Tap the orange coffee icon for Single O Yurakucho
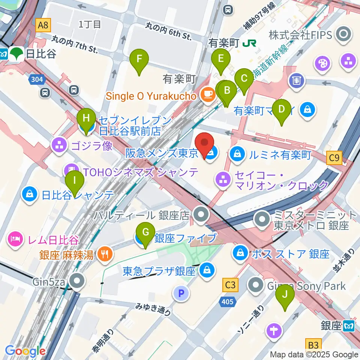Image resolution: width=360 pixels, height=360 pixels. (x=206, y=96)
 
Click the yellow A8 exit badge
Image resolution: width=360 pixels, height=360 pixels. (x=43, y=25)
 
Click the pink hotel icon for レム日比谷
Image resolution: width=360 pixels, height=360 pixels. (x=15, y=239)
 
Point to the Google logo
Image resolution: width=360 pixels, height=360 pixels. (x=25, y=351)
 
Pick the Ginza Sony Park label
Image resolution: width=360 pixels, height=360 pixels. (x=306, y=286)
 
